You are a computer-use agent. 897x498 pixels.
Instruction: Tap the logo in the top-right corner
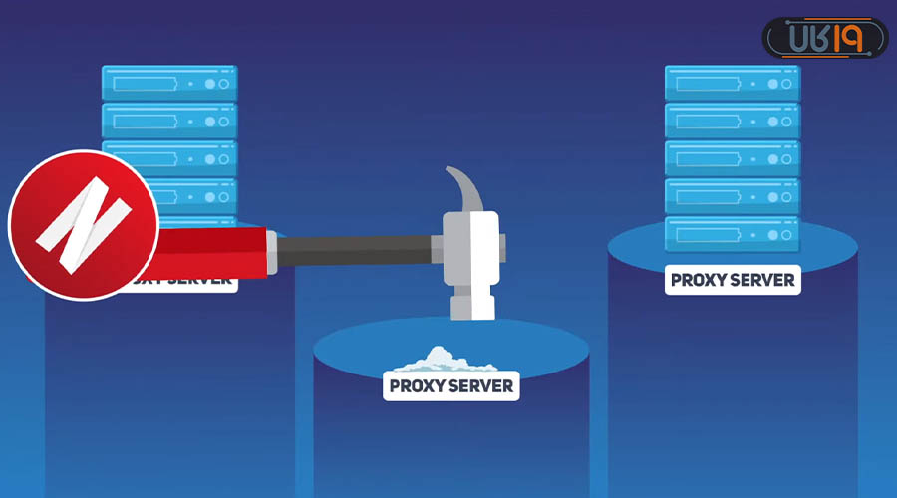click(824, 38)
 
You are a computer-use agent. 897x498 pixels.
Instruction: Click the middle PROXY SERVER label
click(451, 385)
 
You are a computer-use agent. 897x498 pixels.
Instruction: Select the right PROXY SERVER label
click(733, 280)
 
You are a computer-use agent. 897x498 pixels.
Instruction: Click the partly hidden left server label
click(184, 280)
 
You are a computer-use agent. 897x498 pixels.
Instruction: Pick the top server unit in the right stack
click(733, 84)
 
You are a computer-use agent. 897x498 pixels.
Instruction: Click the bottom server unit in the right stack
click(733, 235)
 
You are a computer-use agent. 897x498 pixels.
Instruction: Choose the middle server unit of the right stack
click(733, 159)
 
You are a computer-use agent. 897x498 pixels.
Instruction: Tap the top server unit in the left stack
click(169, 84)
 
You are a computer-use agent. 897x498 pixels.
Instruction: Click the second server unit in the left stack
click(169, 122)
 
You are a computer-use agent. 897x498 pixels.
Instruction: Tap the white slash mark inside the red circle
click(83, 223)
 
